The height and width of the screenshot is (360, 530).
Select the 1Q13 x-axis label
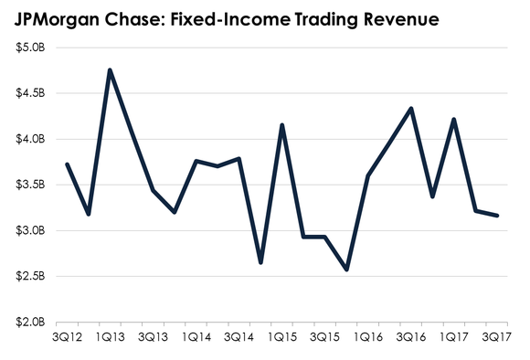pyautogui.click(x=111, y=337)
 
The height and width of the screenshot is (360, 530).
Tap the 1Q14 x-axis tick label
pyautogui.click(x=196, y=337)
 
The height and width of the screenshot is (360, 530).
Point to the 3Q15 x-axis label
pyautogui.click(x=324, y=337)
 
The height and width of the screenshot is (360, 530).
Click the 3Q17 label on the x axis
pyautogui.click(x=496, y=337)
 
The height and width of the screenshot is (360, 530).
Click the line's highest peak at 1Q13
pyautogui.click(x=110, y=70)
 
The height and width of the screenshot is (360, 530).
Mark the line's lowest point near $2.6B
pyautogui.click(x=346, y=270)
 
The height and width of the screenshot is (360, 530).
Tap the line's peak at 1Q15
pyautogui.click(x=282, y=125)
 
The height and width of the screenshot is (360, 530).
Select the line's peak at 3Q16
pyautogui.click(x=411, y=109)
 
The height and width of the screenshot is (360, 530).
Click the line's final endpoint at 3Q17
pyautogui.click(x=497, y=216)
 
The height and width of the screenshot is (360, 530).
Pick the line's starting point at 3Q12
pyautogui.click(x=67, y=164)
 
